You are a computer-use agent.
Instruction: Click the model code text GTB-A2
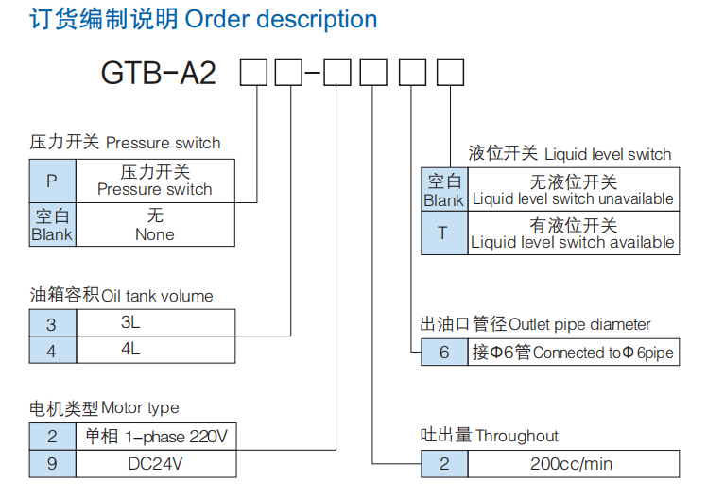pyautogui.click(x=159, y=73)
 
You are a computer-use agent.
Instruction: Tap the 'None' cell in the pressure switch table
pyautogui.click(x=154, y=225)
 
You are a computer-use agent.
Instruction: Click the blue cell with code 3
pyautogui.click(x=52, y=324)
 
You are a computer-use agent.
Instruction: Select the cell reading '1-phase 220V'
pyautogui.click(x=155, y=437)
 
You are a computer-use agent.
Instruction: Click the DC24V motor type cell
pyautogui.click(x=155, y=463)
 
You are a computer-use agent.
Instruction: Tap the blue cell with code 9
pyautogui.click(x=52, y=463)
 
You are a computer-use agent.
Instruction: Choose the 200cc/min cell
pyautogui.click(x=572, y=464)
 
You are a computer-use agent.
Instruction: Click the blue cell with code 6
pyautogui.click(x=443, y=353)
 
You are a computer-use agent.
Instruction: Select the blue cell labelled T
pyautogui.click(x=442, y=233)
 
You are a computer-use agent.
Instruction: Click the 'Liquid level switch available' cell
pyautogui.click(x=573, y=233)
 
